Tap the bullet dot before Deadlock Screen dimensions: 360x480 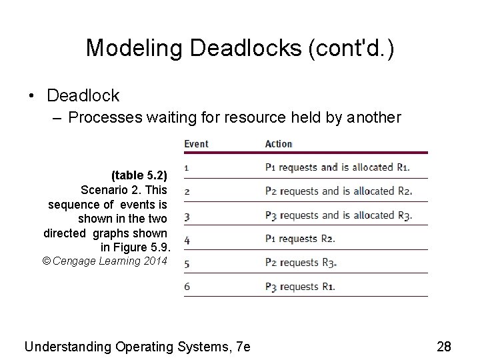click(x=31, y=96)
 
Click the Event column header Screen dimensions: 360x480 click(x=196, y=143)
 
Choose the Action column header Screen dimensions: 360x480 click(x=279, y=143)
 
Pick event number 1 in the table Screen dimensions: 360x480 click(x=186, y=167)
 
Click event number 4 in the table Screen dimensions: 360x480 click(x=187, y=239)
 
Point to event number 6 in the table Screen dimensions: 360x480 click(x=187, y=287)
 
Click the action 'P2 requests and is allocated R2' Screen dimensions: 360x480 click(x=339, y=191)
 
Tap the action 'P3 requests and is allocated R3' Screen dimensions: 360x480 click(x=339, y=215)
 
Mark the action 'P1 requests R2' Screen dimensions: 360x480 click(x=300, y=239)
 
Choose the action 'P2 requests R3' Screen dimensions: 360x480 click(x=301, y=263)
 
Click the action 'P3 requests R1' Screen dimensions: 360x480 click(x=300, y=287)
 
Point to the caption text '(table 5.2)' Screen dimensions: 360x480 click(x=139, y=175)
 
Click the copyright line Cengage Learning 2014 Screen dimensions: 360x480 click(x=105, y=261)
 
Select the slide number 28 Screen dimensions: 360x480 click(x=444, y=346)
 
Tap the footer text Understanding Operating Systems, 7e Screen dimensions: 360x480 click(x=137, y=346)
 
